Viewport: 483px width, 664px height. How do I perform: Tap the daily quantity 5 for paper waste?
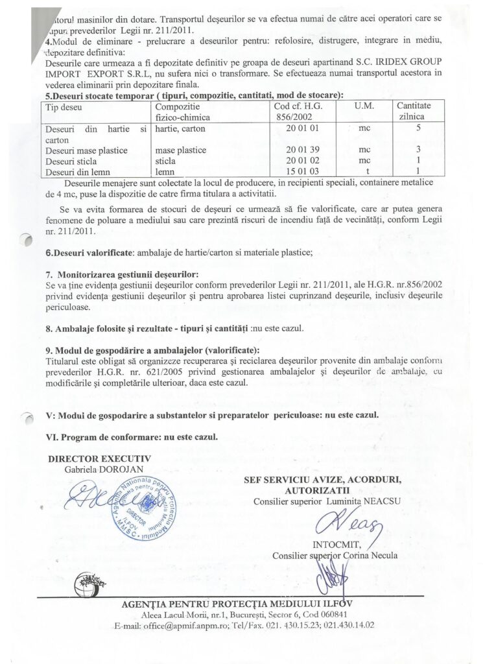418,128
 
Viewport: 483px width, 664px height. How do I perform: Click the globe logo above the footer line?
88,578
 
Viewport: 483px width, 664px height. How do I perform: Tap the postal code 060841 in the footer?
331,615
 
